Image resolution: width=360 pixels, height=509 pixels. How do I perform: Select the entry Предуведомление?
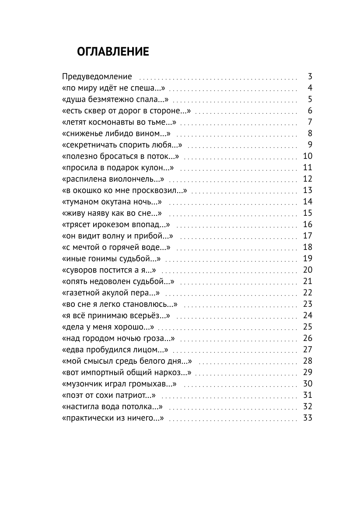[x=97, y=76]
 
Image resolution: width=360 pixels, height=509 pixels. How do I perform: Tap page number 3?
[x=310, y=76]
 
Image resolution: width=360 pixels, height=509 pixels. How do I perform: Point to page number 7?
[x=310, y=122]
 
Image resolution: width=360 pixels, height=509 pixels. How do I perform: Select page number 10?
[x=308, y=156]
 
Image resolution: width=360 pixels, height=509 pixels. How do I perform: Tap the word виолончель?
[x=135, y=179]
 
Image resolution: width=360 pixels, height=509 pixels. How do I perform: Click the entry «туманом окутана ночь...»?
[x=112, y=201]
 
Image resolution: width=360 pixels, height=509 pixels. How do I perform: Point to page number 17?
[x=308, y=235]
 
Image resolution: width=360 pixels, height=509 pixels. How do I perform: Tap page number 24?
[x=308, y=315]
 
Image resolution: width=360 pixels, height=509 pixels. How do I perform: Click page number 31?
[x=308, y=395]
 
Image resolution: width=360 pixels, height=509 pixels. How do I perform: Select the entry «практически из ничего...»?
[x=113, y=418]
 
